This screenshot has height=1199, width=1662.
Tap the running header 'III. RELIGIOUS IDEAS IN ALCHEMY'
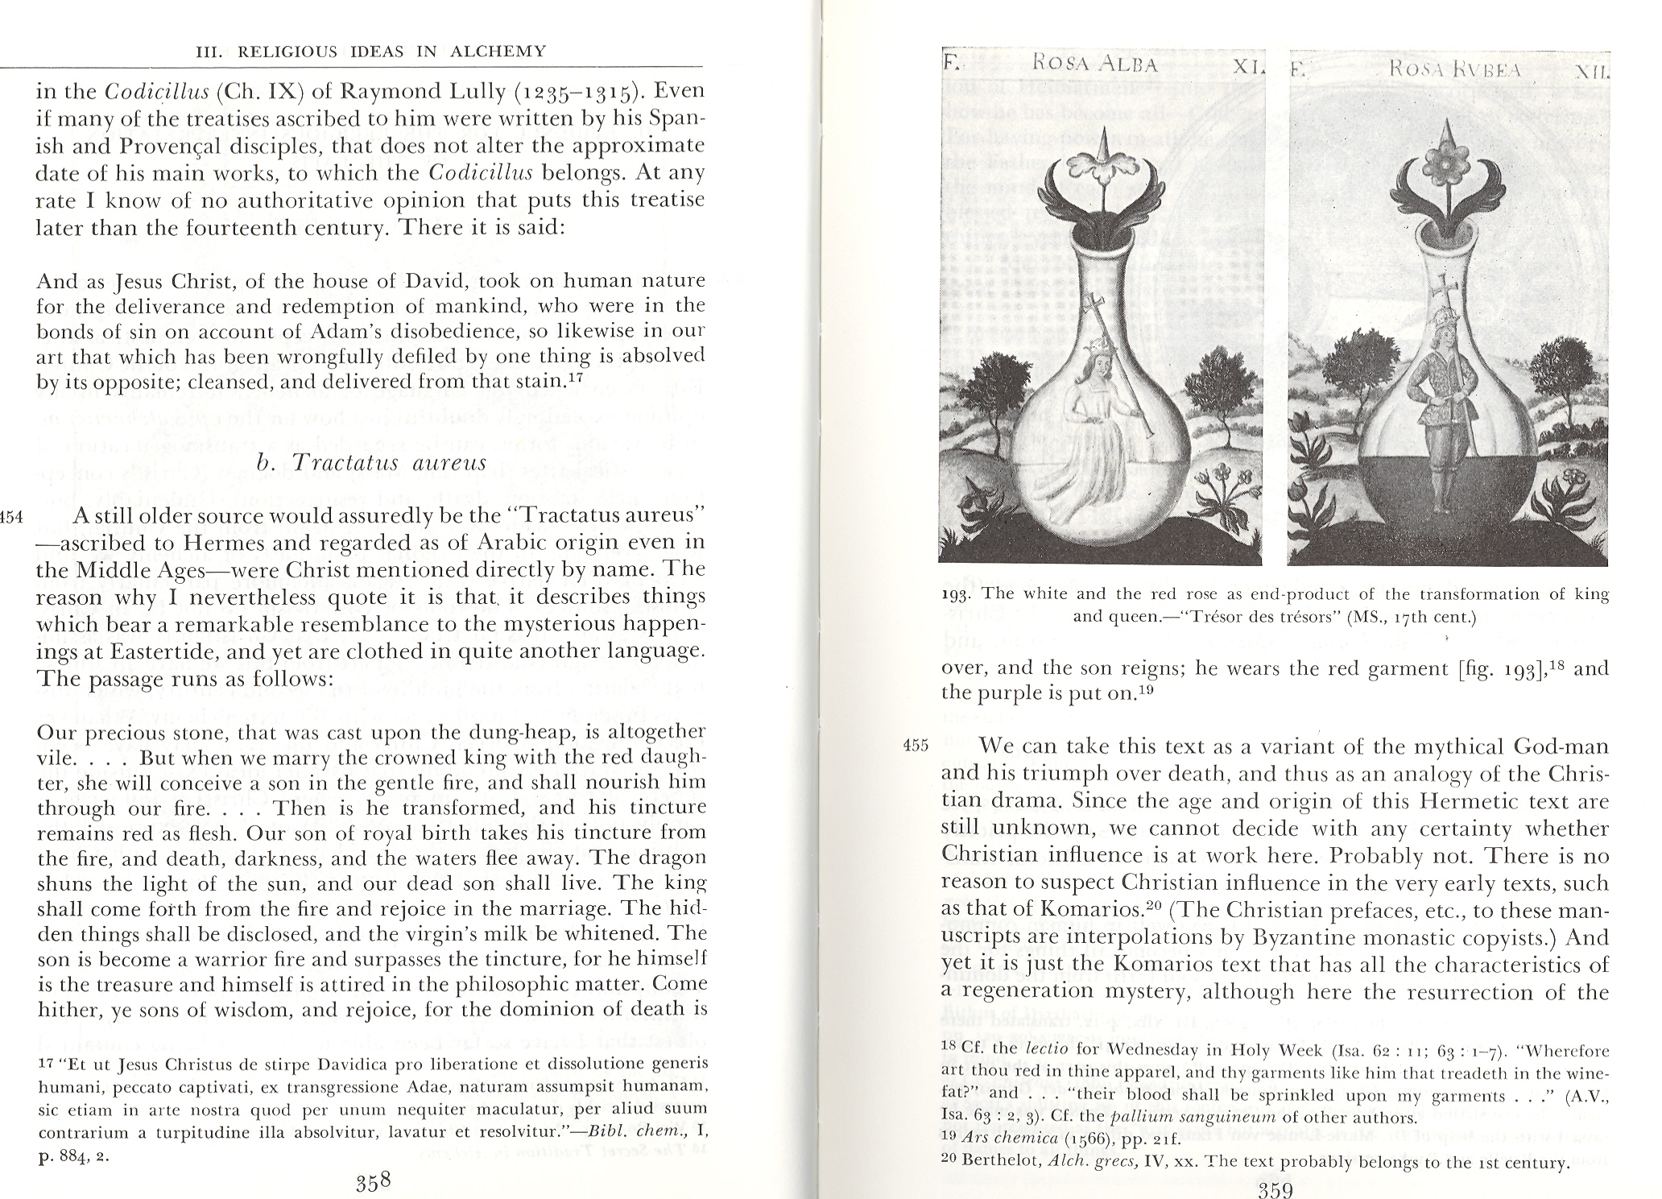[371, 52]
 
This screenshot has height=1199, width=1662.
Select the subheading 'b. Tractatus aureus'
[371, 462]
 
